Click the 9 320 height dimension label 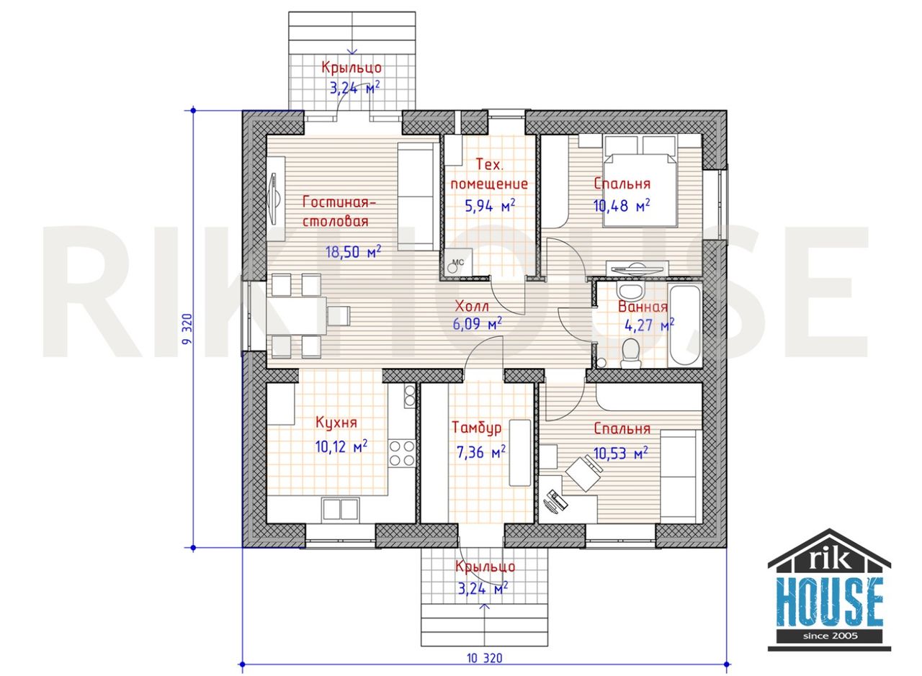coord(187,329)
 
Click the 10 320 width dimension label coord(485,658)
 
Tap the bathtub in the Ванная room coord(685,325)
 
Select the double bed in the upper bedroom coord(640,181)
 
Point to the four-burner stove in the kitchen coord(402,453)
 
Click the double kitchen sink coord(341,510)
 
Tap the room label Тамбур coord(477,427)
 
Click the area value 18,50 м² coord(353,251)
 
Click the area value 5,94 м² coord(490,205)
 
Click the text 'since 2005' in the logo coord(831,636)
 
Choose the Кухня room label coord(336,423)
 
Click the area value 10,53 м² coord(621,453)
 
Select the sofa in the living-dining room coord(419,197)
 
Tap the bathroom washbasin coord(630,292)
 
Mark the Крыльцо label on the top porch coord(352,68)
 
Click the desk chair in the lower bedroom coord(583,473)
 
